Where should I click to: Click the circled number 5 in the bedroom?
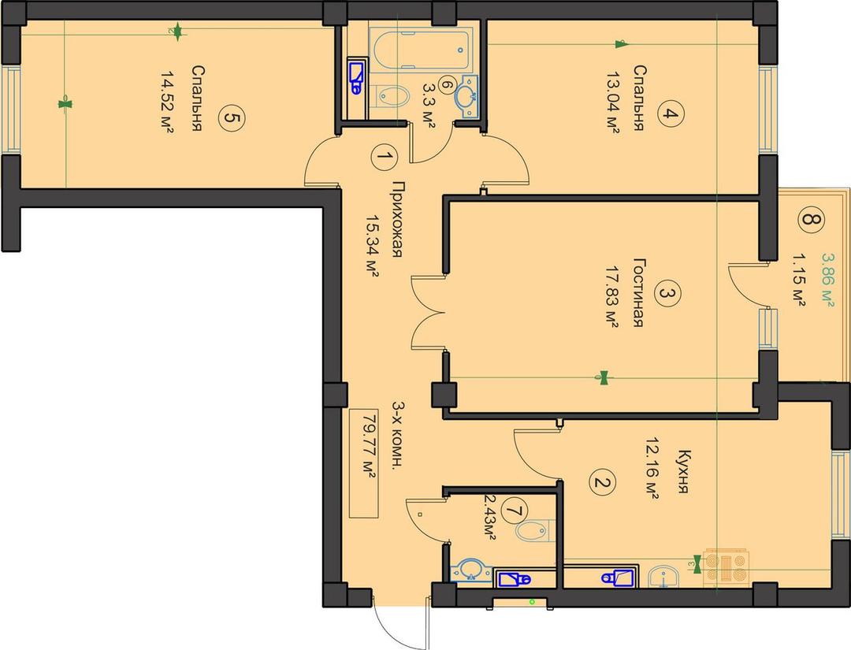coord(232,118)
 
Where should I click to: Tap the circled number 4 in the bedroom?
coord(671,114)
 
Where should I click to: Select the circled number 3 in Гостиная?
coord(667,294)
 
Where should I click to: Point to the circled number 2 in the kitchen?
coord(603,482)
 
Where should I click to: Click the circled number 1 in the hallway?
coord(385,158)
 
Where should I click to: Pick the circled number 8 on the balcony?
coord(811,220)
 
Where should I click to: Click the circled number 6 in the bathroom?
coord(445,85)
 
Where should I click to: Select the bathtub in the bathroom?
coord(419,50)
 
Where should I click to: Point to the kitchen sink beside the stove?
coord(663,576)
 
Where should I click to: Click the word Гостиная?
coord(638,292)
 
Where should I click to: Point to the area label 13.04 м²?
coord(614,102)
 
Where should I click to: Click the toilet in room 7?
coord(533,530)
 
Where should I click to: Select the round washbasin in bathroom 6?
coord(466,97)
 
